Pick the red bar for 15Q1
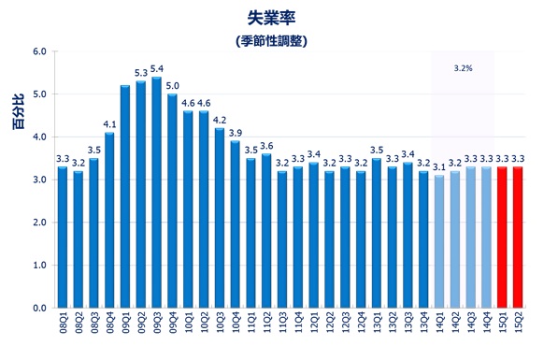[x=503, y=238]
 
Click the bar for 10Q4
[x=236, y=224]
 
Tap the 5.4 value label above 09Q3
[x=157, y=68]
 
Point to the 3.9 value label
[x=236, y=133]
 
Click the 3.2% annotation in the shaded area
[x=462, y=68]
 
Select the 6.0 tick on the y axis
[x=38, y=51]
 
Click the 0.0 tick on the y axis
[x=38, y=308]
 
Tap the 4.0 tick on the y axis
[x=38, y=137]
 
